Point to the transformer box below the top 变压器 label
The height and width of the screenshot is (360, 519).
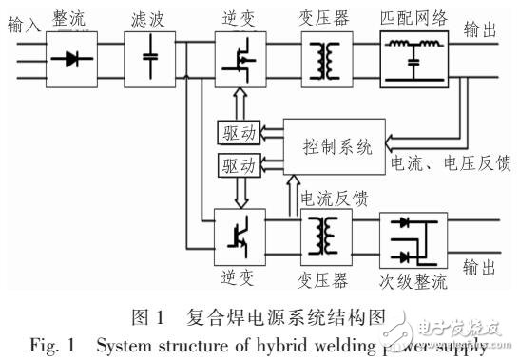pos(321,58)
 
